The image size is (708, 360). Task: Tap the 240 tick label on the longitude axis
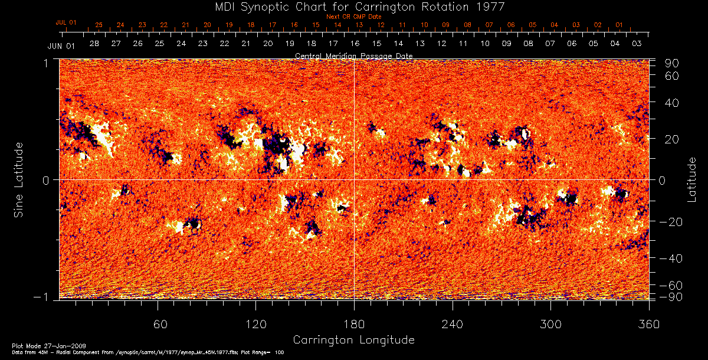click(453, 325)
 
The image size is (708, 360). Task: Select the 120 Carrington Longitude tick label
click(255, 325)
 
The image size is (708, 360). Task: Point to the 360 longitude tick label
click(648, 325)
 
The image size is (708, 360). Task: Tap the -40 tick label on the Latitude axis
click(671, 258)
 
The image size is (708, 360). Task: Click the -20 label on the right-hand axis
click(671, 221)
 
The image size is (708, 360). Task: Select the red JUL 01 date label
click(66, 22)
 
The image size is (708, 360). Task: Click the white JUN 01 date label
click(61, 45)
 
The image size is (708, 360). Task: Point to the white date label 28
click(94, 44)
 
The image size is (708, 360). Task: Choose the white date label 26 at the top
click(137, 44)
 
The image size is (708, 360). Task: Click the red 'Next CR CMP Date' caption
click(355, 17)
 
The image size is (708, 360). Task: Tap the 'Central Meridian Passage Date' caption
click(353, 55)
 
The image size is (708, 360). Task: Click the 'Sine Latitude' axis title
click(20, 179)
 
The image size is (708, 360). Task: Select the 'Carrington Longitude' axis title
click(353, 340)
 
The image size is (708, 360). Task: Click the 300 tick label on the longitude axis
click(550, 325)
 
